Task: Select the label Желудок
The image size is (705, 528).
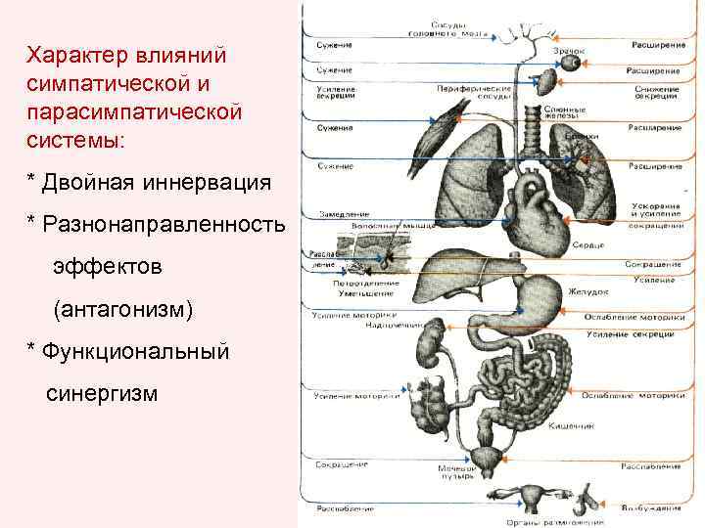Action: (x=588, y=291)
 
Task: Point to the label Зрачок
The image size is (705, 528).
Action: (x=569, y=49)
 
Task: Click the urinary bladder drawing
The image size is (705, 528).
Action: (x=487, y=458)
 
